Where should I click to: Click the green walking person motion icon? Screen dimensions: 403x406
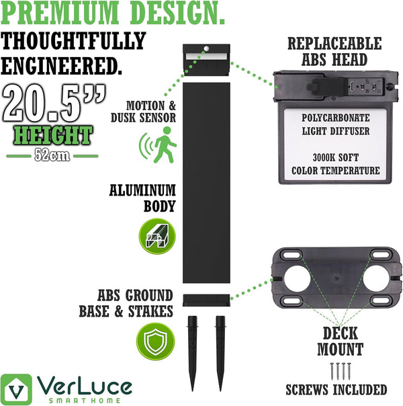point(159,145)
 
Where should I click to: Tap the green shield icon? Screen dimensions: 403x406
point(155,341)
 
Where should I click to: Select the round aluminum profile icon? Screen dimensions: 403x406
point(157,236)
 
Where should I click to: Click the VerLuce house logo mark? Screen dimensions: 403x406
point(16,389)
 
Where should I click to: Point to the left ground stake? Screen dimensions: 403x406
point(193,353)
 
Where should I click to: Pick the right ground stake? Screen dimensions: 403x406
point(220,353)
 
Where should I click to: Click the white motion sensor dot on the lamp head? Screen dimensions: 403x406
point(206,48)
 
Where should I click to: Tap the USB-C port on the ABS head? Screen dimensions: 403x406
point(353,85)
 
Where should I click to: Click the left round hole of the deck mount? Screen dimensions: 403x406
point(297,278)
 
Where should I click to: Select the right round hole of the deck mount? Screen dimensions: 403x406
point(376,278)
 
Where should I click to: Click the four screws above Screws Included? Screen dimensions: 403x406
point(340,371)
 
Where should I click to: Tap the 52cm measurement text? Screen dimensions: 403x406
point(52,156)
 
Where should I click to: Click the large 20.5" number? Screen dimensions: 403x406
point(54,103)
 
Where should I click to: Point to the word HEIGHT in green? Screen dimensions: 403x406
point(53,135)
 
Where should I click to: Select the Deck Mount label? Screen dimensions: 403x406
point(341,341)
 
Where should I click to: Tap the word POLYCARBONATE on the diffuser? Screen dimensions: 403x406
point(335,118)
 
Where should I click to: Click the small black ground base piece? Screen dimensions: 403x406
point(206,300)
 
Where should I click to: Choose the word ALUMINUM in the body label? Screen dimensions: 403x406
point(142,190)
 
